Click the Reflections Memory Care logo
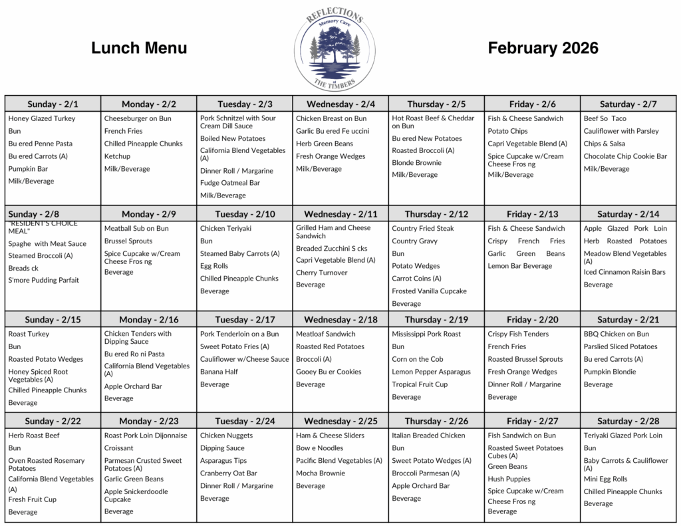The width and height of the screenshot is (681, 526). click(335, 49)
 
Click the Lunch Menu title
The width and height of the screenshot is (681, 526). click(139, 48)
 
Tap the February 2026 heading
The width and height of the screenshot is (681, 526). click(543, 48)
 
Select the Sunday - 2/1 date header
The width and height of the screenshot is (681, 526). click(53, 104)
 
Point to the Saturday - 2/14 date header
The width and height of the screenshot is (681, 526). click(628, 214)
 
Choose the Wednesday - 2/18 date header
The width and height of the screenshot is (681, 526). click(340, 320)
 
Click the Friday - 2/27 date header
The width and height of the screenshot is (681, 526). click(532, 421)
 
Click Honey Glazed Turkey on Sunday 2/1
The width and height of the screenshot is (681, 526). click(42, 118)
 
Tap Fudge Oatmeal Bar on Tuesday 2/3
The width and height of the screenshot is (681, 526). click(230, 183)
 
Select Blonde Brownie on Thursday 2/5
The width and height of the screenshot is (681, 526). click(416, 162)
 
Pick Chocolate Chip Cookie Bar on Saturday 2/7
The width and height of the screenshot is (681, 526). click(625, 156)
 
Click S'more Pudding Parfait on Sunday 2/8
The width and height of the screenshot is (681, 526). click(44, 280)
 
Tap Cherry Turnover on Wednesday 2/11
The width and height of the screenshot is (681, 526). click(322, 273)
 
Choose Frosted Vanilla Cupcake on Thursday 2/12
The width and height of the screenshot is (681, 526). click(429, 291)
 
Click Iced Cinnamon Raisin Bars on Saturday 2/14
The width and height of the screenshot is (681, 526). click(624, 272)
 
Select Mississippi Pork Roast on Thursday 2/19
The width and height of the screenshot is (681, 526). click(426, 334)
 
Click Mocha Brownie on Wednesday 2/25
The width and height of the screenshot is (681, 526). click(321, 473)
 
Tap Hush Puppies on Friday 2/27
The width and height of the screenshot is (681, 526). click(509, 479)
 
